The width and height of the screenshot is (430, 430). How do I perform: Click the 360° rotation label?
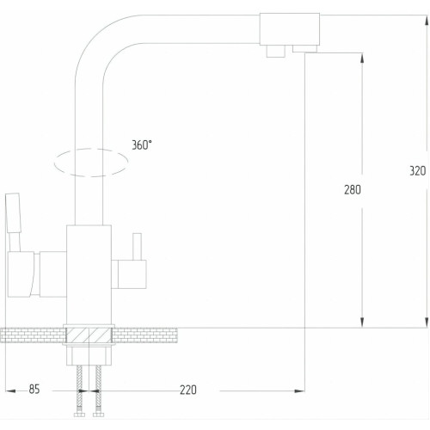pyautogui.click(x=142, y=145)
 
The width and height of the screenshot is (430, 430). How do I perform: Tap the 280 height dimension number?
pyautogui.click(x=353, y=190)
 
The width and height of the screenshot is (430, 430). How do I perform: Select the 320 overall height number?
pyautogui.click(x=418, y=171)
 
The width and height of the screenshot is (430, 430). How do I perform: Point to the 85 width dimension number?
pyautogui.click(x=34, y=390)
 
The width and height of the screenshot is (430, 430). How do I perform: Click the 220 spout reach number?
pyautogui.click(x=188, y=390)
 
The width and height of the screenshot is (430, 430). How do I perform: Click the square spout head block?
pyautogui.click(x=290, y=29)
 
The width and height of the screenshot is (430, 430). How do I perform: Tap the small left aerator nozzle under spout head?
pyautogui.click(x=276, y=52)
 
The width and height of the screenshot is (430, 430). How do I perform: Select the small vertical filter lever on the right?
pyautogui.click(x=137, y=247)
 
